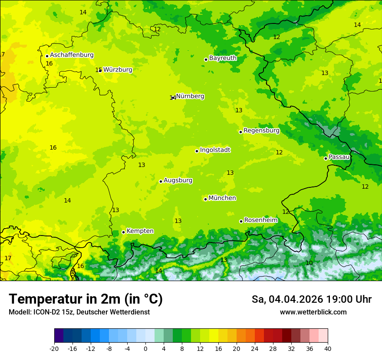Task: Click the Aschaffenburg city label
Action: point(72,55)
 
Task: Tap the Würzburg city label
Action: point(118,70)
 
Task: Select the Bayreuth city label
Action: point(223,58)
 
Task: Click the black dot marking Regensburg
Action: point(240,132)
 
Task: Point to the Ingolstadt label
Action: point(215,150)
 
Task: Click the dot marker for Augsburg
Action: point(161,181)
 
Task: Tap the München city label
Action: point(222,198)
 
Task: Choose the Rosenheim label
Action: point(260,220)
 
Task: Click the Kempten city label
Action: point(140,231)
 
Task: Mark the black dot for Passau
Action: point(326,158)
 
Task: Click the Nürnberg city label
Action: point(190,96)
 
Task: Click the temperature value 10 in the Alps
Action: point(309,263)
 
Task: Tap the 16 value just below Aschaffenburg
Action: point(49,64)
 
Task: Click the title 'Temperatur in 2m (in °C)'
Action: point(86,299)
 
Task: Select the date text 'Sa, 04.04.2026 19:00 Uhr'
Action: point(311,299)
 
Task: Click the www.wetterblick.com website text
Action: point(313,312)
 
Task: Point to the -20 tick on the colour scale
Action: point(54,348)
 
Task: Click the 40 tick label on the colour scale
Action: point(328,348)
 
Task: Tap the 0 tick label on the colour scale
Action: point(145,348)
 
